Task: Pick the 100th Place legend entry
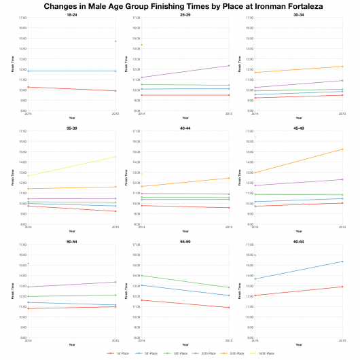[x=264, y=353]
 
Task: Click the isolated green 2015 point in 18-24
[x=116, y=41]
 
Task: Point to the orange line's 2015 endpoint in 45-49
[x=342, y=149]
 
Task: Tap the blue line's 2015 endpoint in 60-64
[x=342, y=262]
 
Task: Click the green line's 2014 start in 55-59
[x=141, y=275]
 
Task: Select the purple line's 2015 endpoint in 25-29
[x=229, y=65]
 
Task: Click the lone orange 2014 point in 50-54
[x=28, y=264]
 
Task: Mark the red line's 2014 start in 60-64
[x=254, y=295]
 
